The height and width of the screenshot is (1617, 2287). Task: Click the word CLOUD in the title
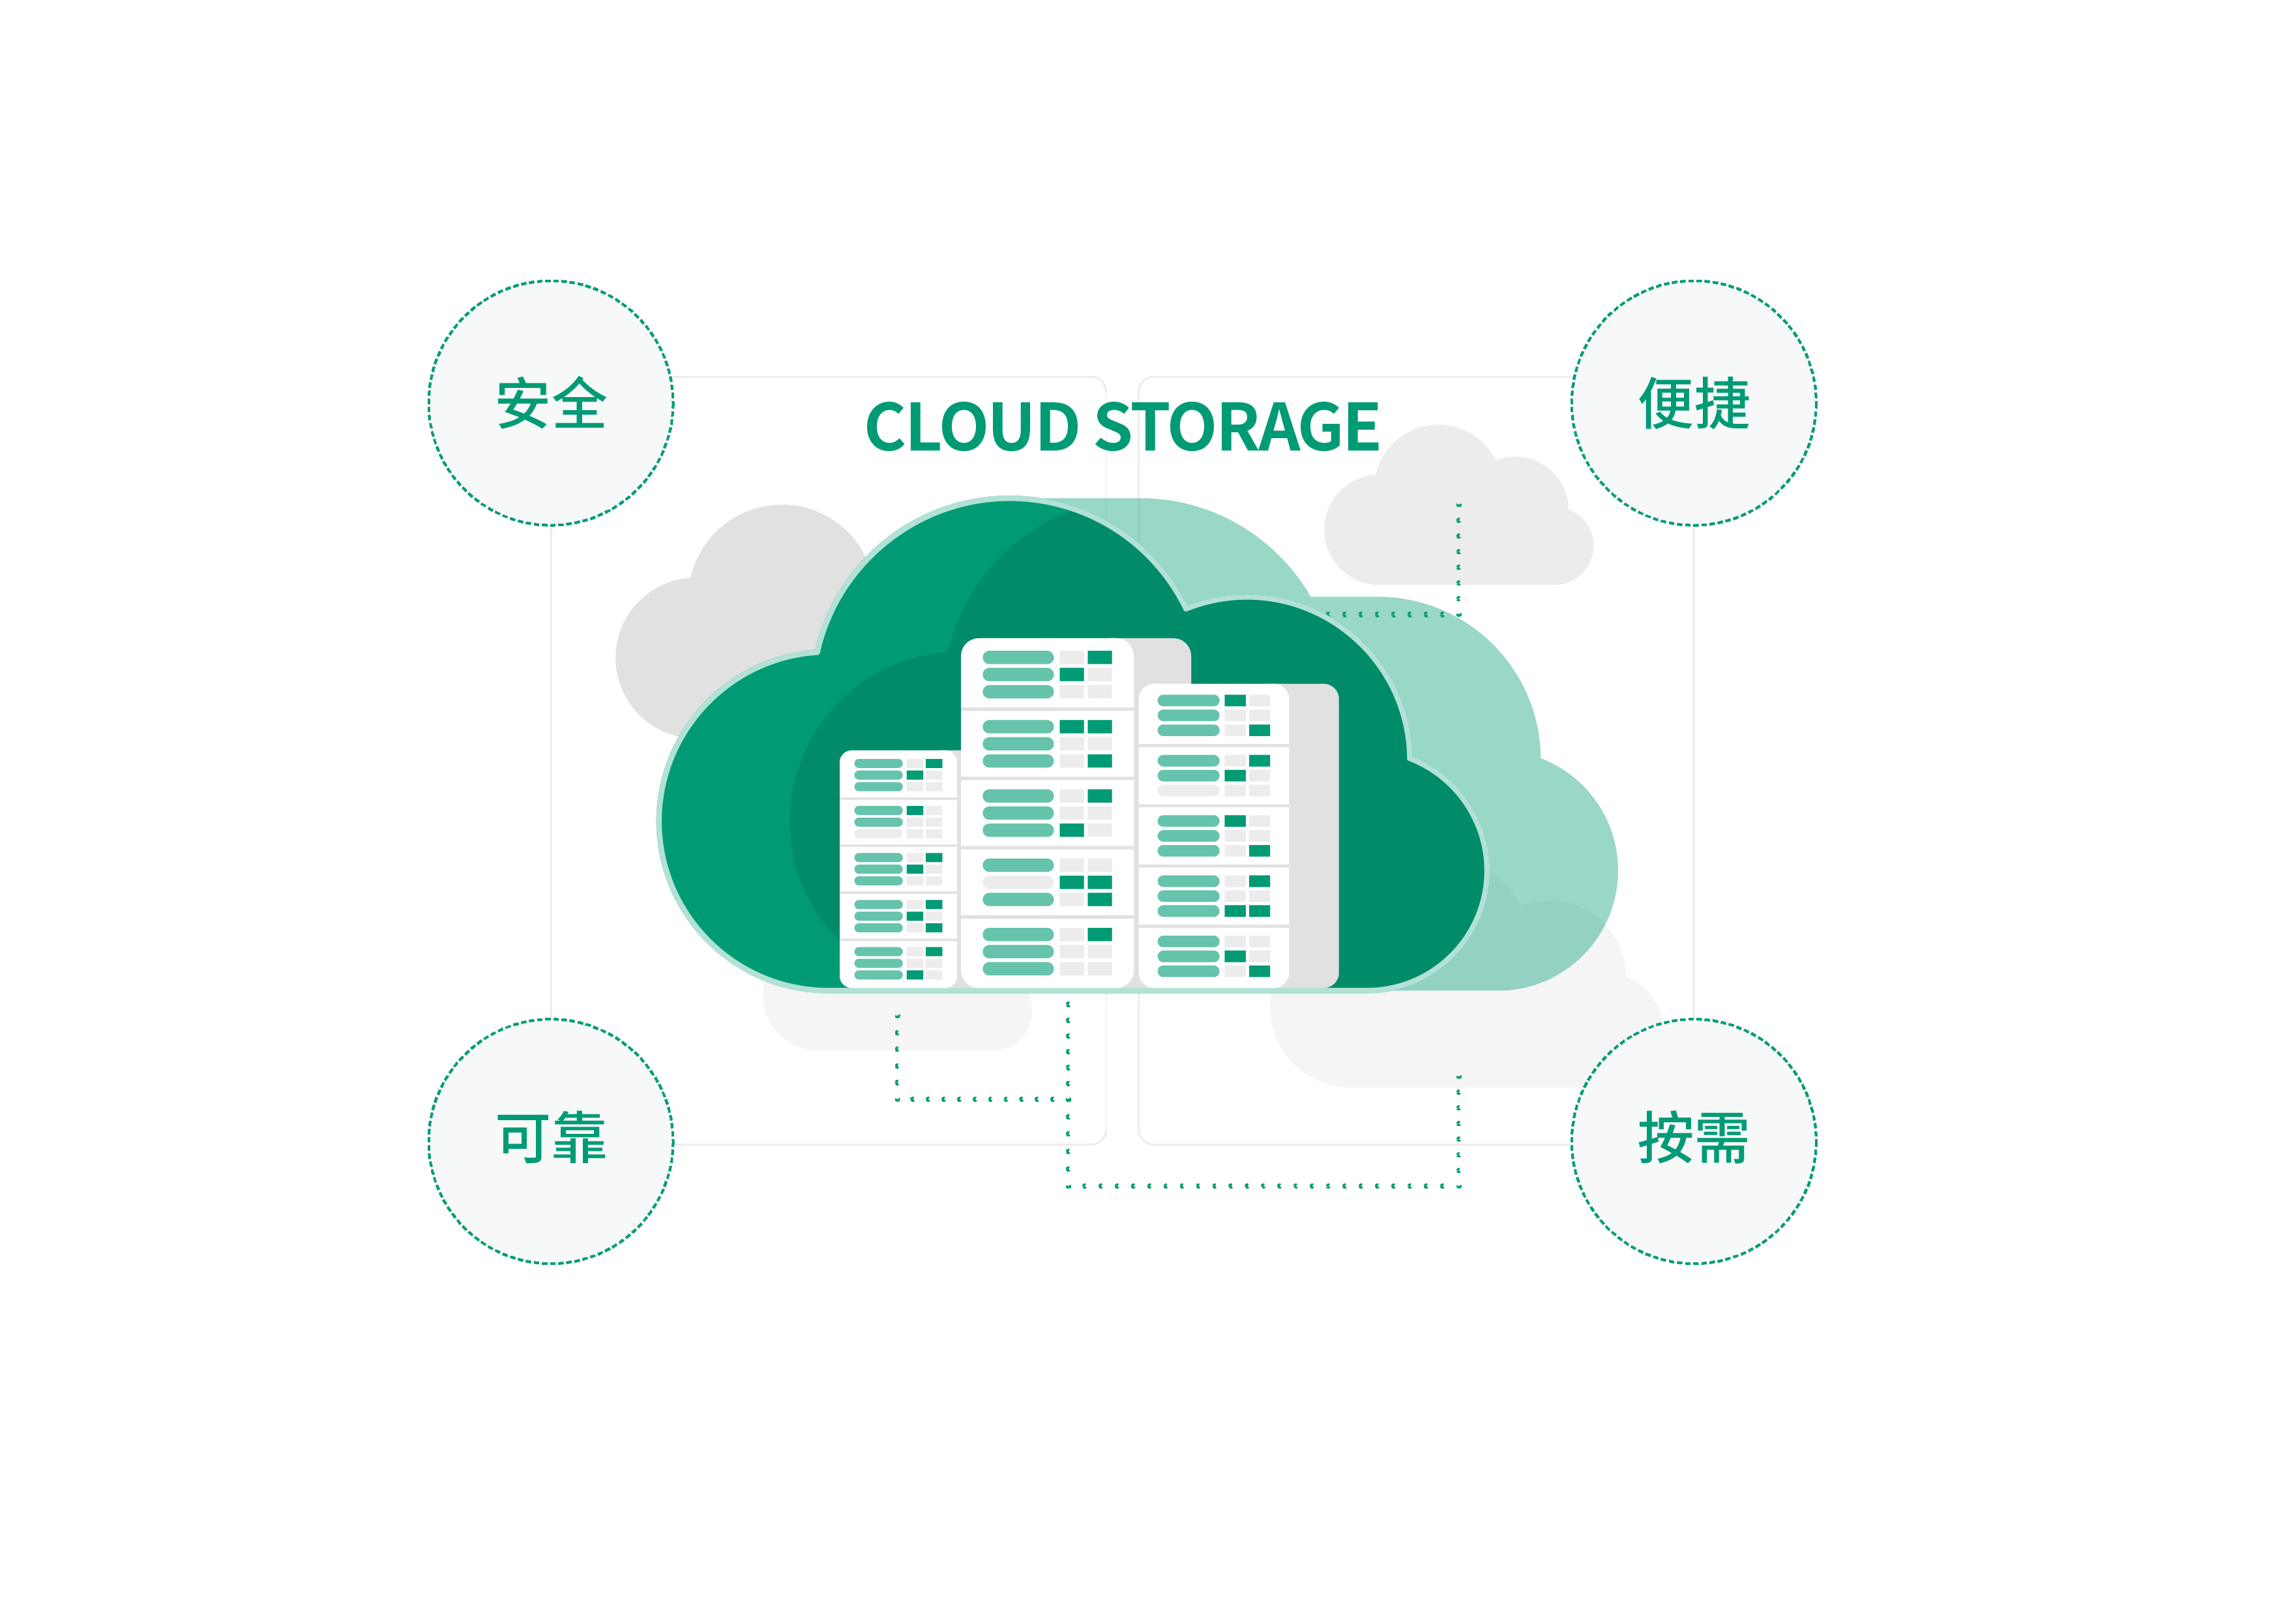971,428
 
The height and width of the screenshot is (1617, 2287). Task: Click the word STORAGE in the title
1237,428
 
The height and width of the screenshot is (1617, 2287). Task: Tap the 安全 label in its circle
551,404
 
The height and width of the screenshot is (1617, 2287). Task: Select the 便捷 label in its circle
1693,404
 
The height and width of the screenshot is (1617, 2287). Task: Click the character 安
523,404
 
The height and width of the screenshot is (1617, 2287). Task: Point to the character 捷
1722,404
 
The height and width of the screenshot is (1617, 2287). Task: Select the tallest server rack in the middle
1047,812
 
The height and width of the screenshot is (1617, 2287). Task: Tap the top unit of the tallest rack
1047,674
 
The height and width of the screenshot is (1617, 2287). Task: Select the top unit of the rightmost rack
1213,715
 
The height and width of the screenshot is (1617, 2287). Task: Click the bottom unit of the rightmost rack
1213,957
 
